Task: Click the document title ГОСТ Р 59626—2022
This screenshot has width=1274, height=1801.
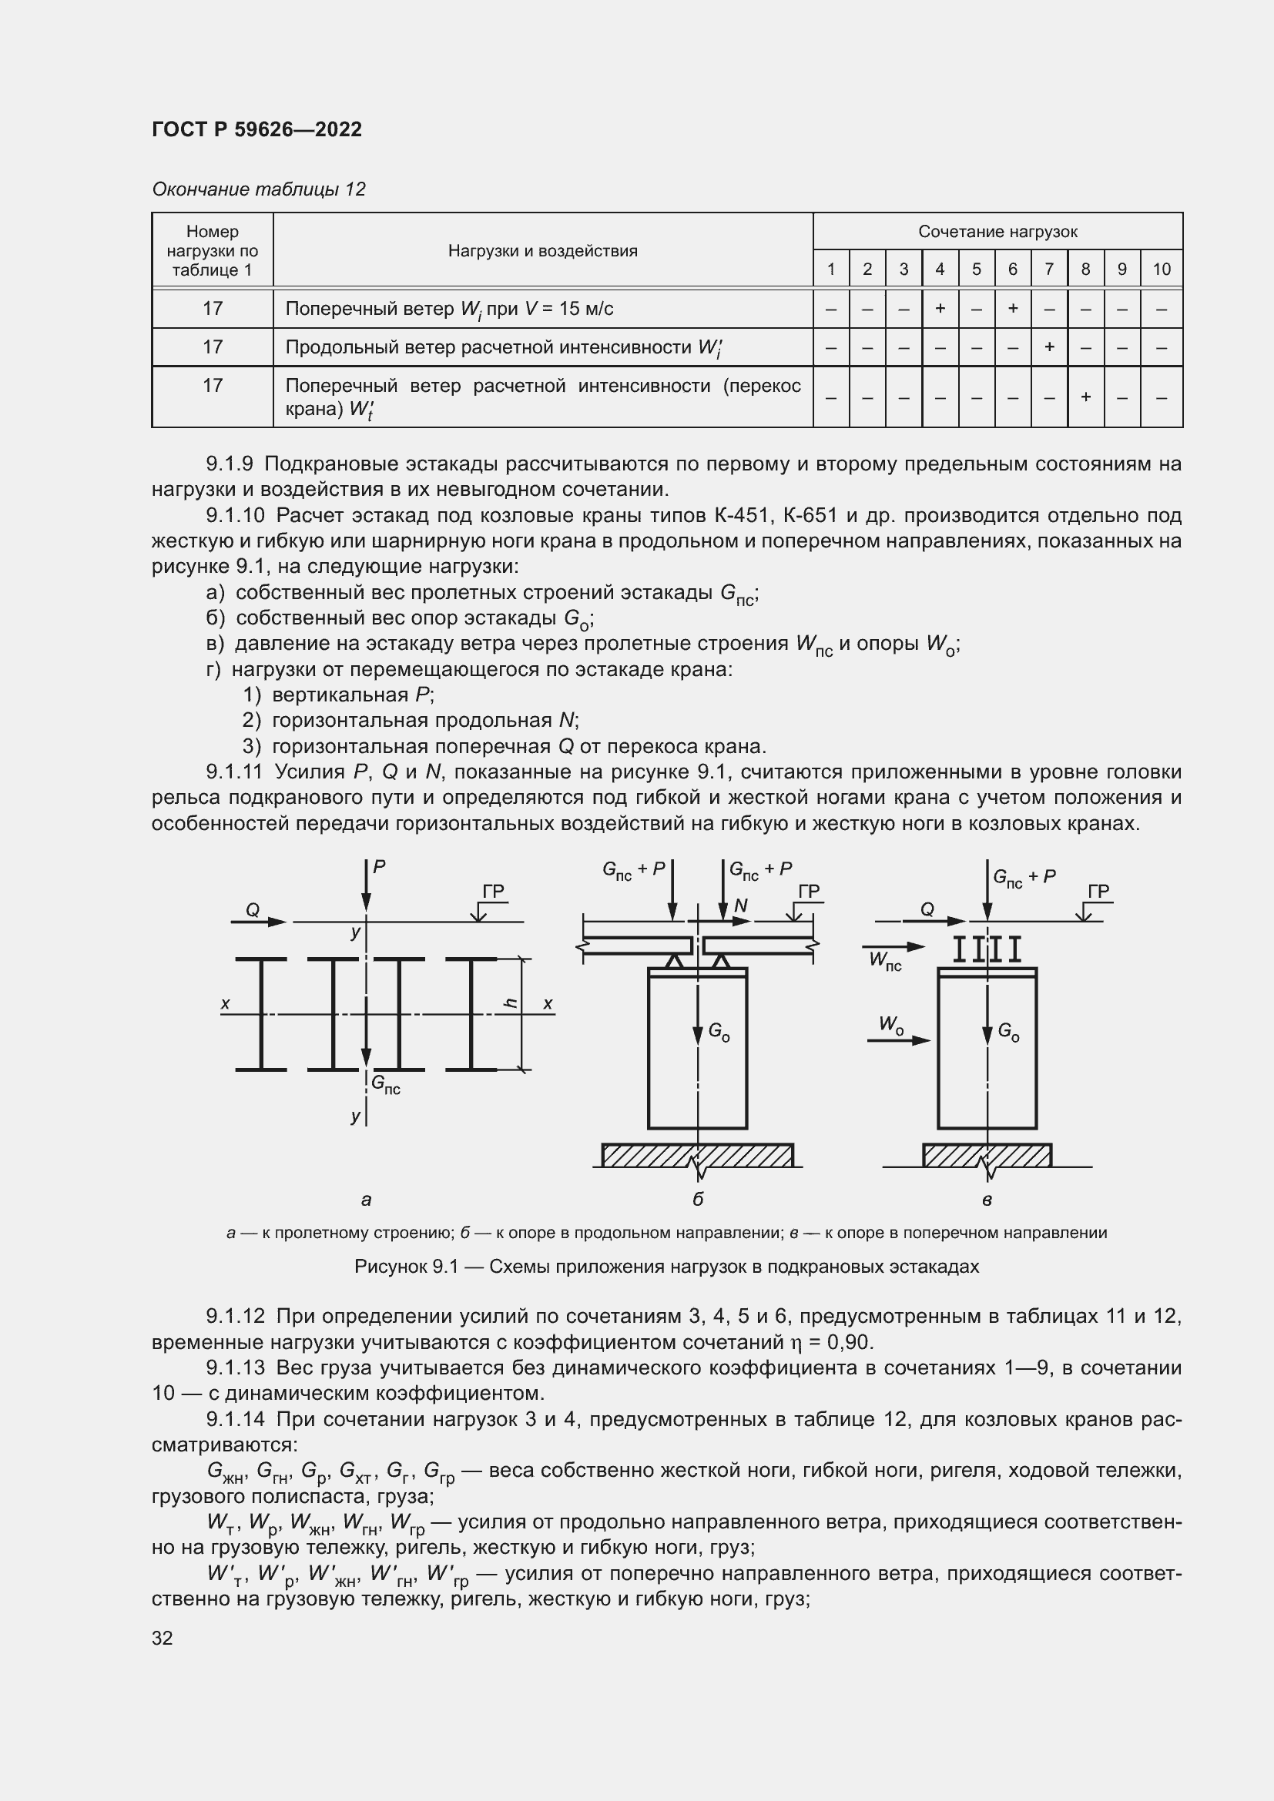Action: click(256, 129)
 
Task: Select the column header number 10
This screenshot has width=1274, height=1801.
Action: click(1161, 269)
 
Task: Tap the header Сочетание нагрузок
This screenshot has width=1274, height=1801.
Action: click(997, 232)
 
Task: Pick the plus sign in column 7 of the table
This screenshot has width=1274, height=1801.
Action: click(1049, 346)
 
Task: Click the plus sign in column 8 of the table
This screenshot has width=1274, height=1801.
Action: click(1086, 397)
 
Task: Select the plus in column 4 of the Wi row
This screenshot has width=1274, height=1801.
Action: click(940, 308)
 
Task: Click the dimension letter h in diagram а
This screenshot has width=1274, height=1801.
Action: click(511, 1003)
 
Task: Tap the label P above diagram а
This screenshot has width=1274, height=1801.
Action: click(379, 867)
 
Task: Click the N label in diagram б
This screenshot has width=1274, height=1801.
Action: click(740, 907)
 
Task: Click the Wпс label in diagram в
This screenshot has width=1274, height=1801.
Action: click(885, 960)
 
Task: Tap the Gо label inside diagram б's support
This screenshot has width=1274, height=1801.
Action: click(719, 1033)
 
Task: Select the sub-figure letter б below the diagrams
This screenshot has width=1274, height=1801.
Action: click(697, 1199)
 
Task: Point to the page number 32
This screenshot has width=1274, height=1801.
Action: click(163, 1638)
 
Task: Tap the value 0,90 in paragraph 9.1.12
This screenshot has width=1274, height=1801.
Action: click(850, 1342)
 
